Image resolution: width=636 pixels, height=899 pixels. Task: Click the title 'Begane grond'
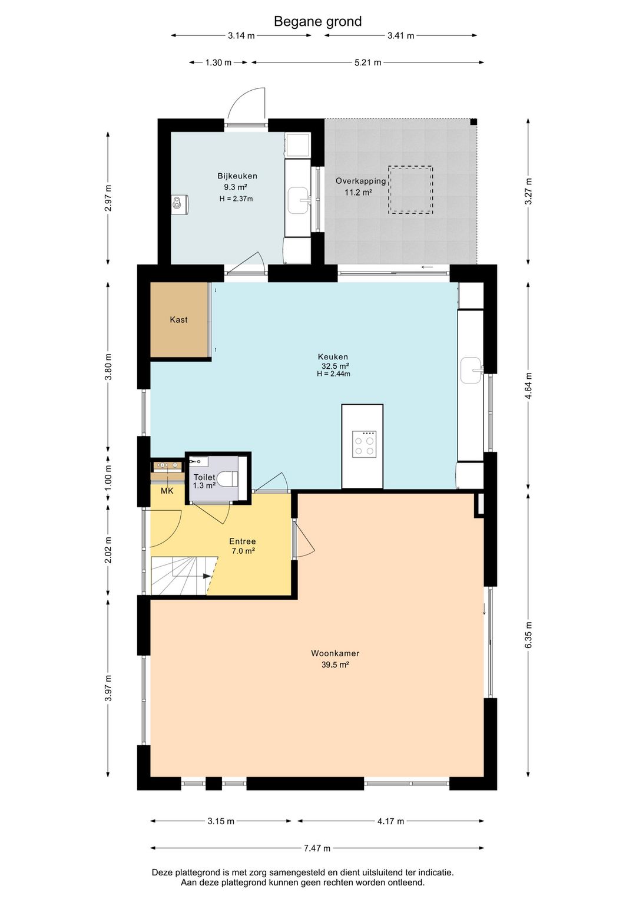point(317,21)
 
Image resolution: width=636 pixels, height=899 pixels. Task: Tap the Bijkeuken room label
point(237,176)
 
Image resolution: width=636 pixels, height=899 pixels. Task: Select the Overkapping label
point(361,181)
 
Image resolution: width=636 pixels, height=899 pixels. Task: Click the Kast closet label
point(178,319)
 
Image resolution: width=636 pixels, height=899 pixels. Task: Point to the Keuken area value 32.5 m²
point(334,366)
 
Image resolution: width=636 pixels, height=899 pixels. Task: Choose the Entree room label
point(243,541)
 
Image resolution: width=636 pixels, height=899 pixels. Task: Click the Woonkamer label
point(335,653)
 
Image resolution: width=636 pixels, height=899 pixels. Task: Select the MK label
point(167,490)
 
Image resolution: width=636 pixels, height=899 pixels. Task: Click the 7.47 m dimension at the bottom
point(317,848)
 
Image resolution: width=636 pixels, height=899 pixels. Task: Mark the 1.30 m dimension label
point(218,62)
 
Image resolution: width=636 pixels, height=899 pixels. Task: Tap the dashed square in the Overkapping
point(410,190)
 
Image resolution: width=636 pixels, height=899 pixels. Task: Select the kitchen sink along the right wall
point(472,370)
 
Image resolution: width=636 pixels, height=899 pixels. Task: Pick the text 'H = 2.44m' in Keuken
point(333,374)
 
